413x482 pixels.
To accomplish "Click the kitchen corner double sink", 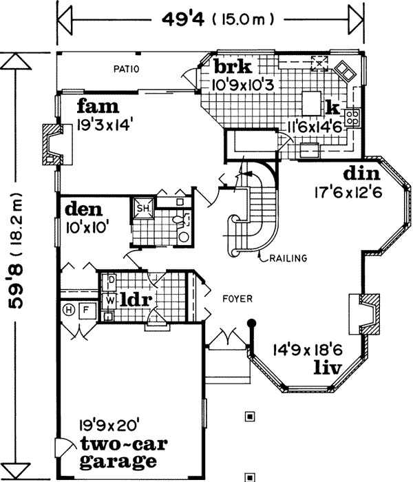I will [x=345, y=70].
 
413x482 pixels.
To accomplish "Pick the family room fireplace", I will [x=51, y=145].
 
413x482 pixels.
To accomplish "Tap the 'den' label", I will [x=83, y=208].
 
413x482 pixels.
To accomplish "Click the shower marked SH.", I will [x=144, y=209].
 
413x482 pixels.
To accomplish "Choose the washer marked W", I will [x=109, y=300].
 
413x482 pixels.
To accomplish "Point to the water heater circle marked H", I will [x=69, y=311].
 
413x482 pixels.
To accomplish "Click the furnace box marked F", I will [x=86, y=311].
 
